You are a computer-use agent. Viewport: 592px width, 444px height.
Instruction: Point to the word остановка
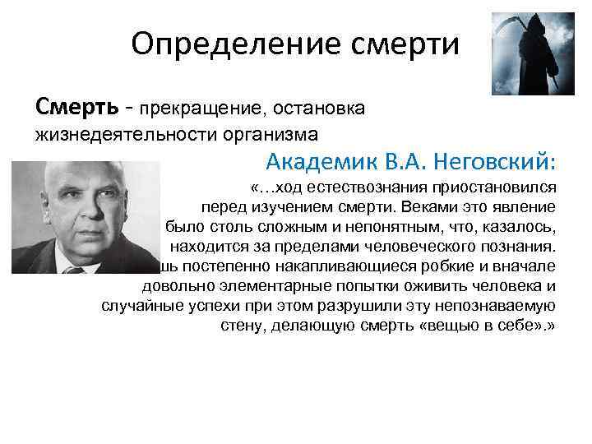click(x=321, y=107)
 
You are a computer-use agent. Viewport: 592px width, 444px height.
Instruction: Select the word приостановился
click(x=501, y=188)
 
